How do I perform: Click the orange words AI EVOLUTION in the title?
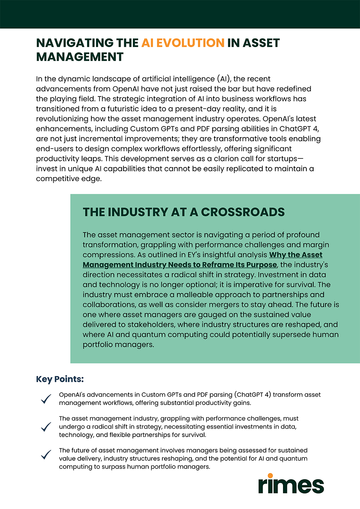[x=183, y=43]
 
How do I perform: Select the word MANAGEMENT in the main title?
[x=80, y=57]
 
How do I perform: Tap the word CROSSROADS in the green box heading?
[x=243, y=212]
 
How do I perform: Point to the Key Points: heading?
[x=60, y=379]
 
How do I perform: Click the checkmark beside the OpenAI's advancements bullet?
[x=46, y=399]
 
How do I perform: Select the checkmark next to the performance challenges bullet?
[x=46, y=427]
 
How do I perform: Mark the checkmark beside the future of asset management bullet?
[x=46, y=455]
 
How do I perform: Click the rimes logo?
[x=291, y=484]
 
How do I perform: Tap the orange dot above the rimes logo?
[x=270, y=476]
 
